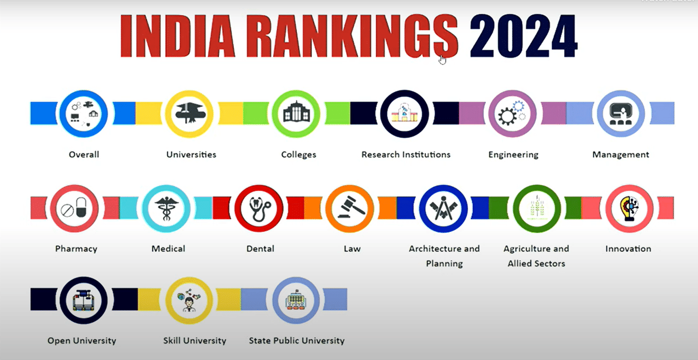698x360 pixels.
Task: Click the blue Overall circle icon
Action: coord(83,114)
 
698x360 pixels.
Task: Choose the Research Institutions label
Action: coord(406,155)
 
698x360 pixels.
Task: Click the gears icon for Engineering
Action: coord(512,114)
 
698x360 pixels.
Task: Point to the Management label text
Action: coord(620,155)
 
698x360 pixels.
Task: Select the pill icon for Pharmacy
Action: coord(74,208)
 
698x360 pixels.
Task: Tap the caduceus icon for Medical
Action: coord(166,208)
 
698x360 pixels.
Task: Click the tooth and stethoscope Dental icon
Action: coord(259,208)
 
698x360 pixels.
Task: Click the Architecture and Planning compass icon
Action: coord(443,208)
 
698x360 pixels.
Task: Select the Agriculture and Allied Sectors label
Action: coord(536,256)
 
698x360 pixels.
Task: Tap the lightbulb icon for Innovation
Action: coord(629,208)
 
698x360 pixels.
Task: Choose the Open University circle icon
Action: coord(84,300)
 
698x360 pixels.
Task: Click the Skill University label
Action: coord(195,340)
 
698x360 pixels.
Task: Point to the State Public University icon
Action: coord(296,300)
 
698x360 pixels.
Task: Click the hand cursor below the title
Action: coord(442,59)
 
